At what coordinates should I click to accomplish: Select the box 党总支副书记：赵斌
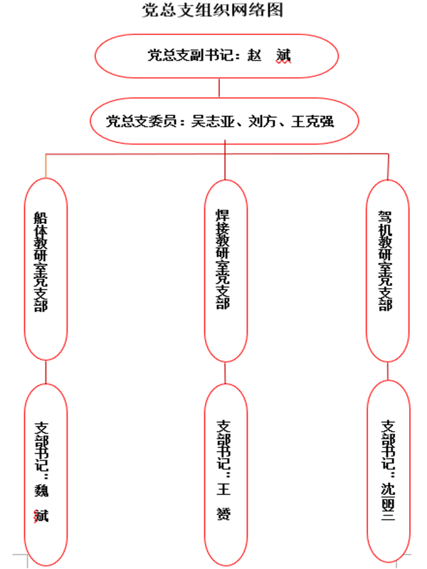(x=218, y=55)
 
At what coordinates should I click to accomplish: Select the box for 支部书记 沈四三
(x=388, y=469)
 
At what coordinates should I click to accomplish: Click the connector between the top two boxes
(x=219, y=89)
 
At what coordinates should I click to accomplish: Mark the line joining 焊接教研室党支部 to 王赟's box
(x=226, y=374)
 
